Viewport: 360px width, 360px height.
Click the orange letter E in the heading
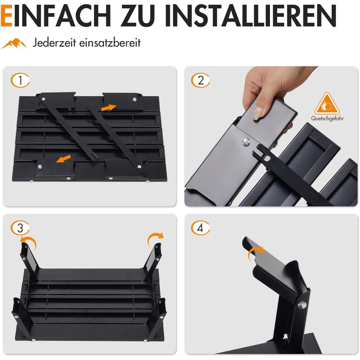coord(6,16)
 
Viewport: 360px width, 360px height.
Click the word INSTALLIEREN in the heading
coord(251,16)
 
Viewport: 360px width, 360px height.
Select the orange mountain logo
coord(14,43)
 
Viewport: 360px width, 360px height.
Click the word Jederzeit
coord(54,43)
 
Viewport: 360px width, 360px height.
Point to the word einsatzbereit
coord(110,43)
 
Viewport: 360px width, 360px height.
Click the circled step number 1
coord(20,80)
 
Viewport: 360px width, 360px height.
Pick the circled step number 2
coord(201,80)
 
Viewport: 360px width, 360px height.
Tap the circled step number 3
coord(20,228)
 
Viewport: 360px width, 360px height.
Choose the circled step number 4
coord(201,228)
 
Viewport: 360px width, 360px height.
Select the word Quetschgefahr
coord(328,118)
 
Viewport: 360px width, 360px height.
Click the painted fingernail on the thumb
coord(258,114)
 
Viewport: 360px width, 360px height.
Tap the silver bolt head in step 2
coord(246,141)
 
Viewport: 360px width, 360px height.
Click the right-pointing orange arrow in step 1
coord(109,107)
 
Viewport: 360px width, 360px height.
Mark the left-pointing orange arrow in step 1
coord(64,158)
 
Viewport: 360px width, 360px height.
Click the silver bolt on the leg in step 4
coord(302,305)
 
